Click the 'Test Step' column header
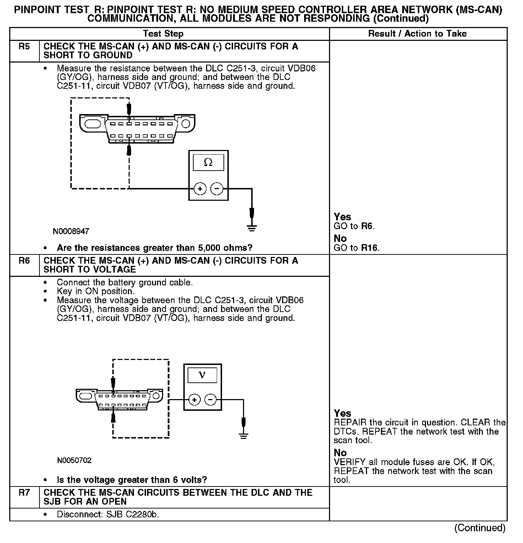click(163, 34)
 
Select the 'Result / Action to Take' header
click(417, 34)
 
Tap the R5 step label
click(24, 47)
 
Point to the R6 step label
click(24, 261)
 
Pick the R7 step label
click(24, 493)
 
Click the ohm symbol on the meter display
click(208, 163)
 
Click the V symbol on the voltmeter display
click(202, 375)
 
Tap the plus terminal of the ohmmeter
click(200, 189)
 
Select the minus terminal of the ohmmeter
click(217, 189)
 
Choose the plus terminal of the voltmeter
click(194, 400)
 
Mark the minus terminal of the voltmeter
click(211, 400)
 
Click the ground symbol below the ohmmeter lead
click(252, 228)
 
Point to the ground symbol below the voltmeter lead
click(243, 436)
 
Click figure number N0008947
click(71, 231)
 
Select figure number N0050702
click(74, 461)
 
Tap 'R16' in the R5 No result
click(370, 248)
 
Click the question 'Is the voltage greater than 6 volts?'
click(132, 480)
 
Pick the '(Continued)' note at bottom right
click(480, 528)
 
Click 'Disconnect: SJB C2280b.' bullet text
click(108, 515)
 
